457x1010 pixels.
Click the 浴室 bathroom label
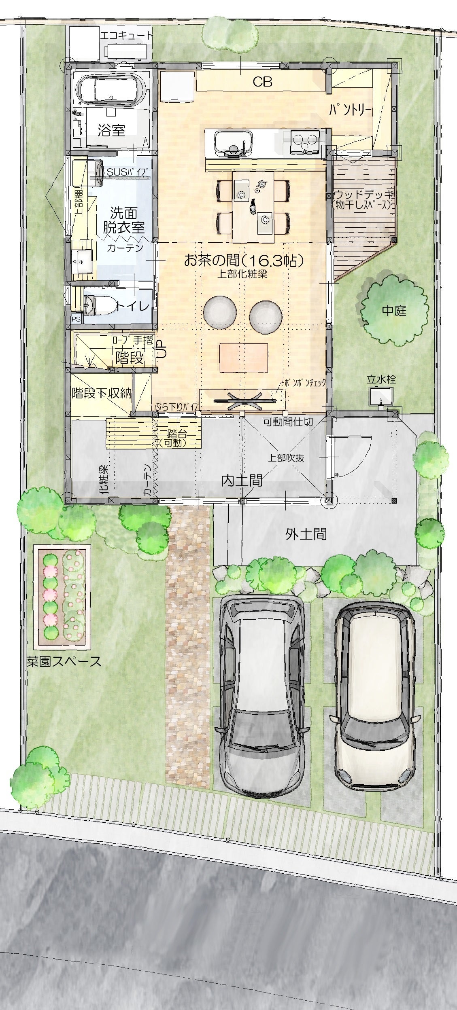point(111,130)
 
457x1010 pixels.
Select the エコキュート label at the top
point(127,36)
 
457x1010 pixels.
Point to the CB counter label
point(262,82)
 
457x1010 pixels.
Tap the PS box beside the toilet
point(76,319)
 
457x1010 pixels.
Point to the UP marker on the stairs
point(161,348)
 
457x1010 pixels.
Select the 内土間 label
point(242,480)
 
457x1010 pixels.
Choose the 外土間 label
point(306,534)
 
